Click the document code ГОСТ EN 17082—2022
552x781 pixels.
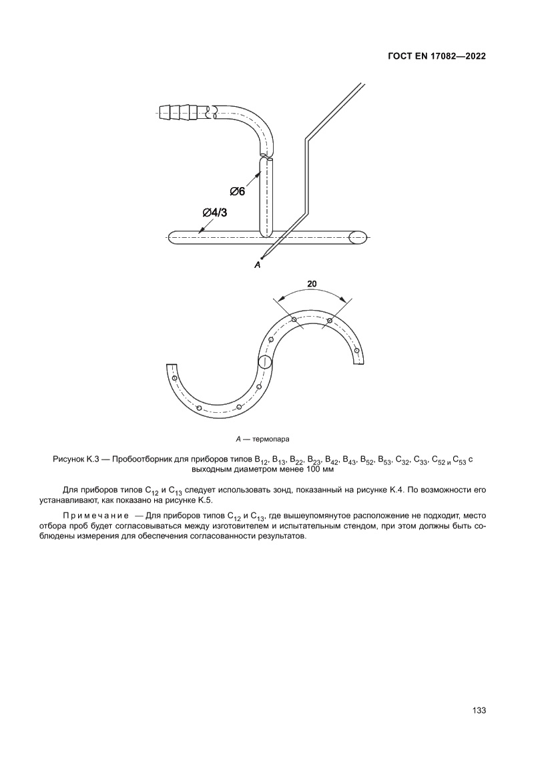pos(436,57)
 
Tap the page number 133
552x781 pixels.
pos(479,710)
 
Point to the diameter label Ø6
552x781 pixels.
pos(238,192)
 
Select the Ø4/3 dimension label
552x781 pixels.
pos(214,213)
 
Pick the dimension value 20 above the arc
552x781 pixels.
pos(312,283)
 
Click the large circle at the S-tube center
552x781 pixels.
pos(265,363)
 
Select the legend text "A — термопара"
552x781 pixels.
pos(263,440)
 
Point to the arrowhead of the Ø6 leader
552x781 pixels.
pos(260,172)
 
